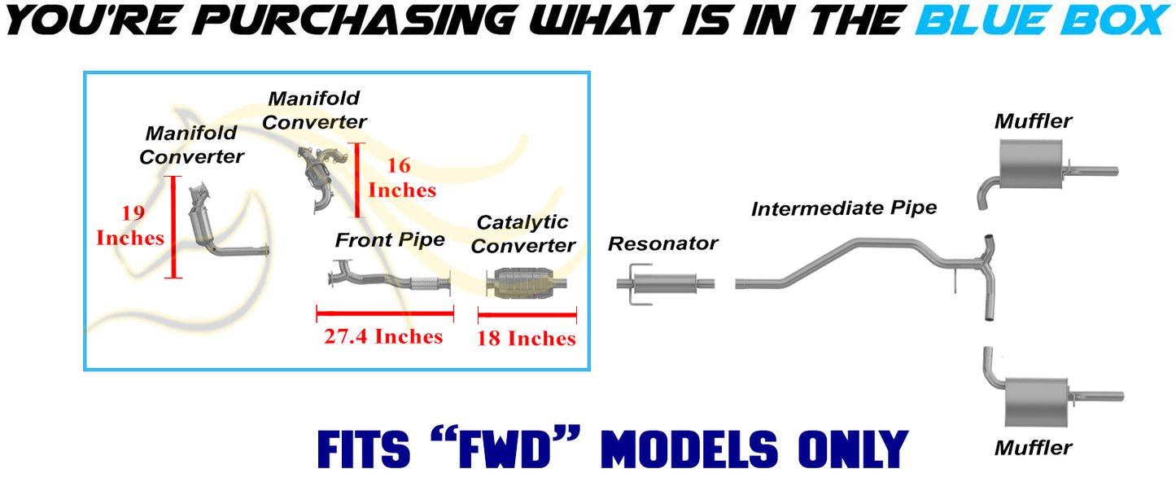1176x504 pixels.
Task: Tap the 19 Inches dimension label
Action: click(131, 226)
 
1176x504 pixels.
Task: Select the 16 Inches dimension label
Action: click(402, 178)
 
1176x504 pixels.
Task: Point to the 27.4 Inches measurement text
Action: click(383, 336)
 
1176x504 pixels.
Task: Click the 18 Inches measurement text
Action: click(526, 339)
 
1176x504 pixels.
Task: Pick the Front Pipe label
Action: click(390, 240)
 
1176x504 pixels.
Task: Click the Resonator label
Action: click(663, 243)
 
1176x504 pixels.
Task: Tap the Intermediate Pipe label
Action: click(844, 208)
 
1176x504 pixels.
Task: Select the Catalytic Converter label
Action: click(523, 234)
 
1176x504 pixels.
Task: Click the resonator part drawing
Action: click(665, 284)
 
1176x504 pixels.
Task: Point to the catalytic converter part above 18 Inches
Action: click(527, 283)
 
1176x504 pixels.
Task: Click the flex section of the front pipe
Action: click(424, 283)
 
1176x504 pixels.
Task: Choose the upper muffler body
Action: click(1031, 164)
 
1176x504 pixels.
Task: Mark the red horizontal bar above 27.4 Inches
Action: click(385, 313)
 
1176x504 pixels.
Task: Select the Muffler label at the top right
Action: click(1034, 121)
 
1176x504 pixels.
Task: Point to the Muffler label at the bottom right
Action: click(1034, 448)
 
